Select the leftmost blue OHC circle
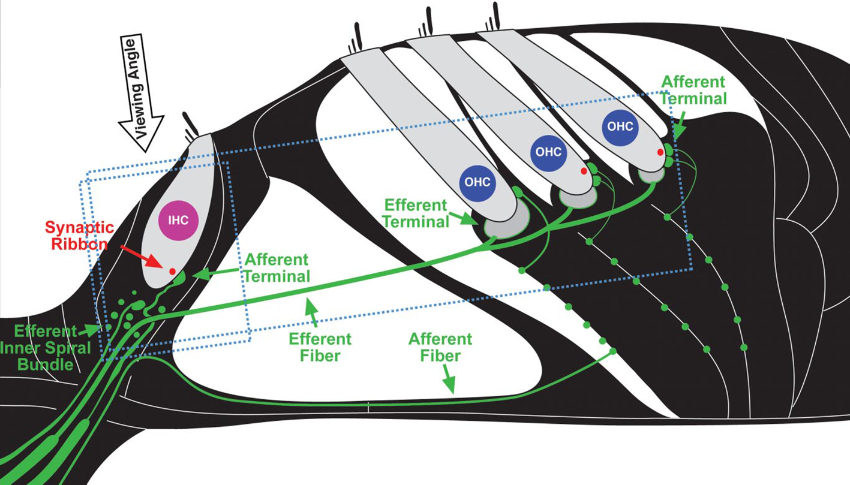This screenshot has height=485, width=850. click(477, 182)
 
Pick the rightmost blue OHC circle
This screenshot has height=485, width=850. click(620, 126)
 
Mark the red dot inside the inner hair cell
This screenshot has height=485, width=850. click(172, 272)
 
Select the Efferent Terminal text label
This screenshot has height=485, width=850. click(416, 213)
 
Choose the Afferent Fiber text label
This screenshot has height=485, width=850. click(440, 347)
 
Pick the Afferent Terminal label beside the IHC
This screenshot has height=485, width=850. click(277, 268)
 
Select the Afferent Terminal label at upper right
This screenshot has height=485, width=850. click(693, 90)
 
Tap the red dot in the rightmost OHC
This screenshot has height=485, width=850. click(660, 152)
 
